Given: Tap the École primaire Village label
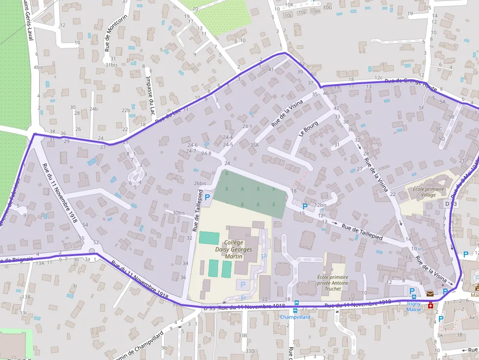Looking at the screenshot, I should pyautogui.click(x=429, y=191).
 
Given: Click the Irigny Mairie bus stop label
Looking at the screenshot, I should pyautogui.click(x=414, y=306).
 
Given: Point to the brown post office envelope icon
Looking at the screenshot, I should pyautogui.click(x=430, y=294).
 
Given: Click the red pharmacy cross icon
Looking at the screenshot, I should pyautogui.click(x=431, y=306).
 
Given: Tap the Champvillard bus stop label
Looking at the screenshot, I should pyautogui.click(x=295, y=317).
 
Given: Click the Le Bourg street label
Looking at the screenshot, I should pyautogui.click(x=308, y=127).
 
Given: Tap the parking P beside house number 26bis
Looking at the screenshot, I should pyautogui.click(x=207, y=197).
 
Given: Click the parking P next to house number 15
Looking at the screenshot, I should pyautogui.click(x=305, y=207).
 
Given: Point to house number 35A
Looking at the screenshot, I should pyautogui.click(x=254, y=145).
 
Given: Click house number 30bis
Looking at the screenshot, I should pyautogui.click(x=178, y=212).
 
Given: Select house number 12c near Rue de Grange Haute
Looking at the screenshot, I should pyautogui.click(x=378, y=78).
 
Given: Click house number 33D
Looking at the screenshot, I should pyautogui.click(x=250, y=351).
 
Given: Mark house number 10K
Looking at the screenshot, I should pyautogui.click(x=289, y=5).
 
